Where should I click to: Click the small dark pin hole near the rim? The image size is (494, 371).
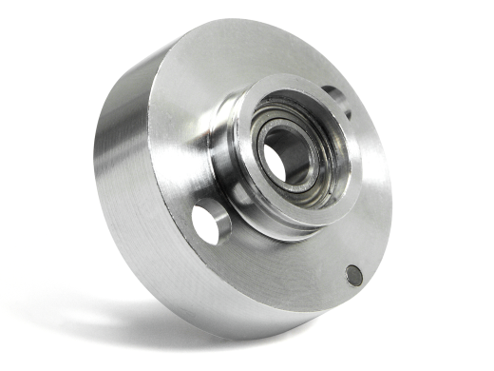click(x=353, y=275)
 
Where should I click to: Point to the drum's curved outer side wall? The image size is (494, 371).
click(x=123, y=181)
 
